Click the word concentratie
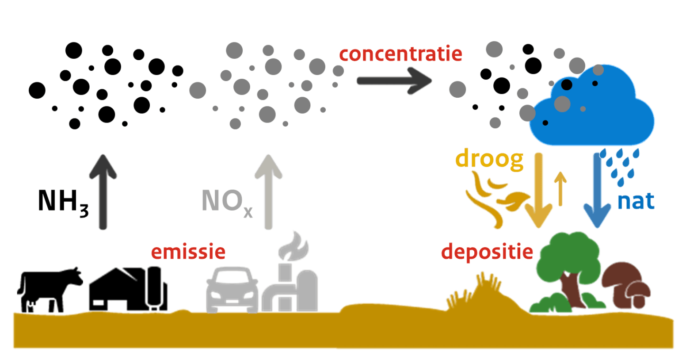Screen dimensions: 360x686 pos(400,54)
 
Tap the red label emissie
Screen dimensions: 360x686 pos(188,251)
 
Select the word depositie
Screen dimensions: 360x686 pos(487,252)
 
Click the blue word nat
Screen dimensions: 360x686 pos(636,201)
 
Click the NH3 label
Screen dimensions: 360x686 pos(63,202)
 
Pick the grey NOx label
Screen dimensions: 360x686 pos(226,202)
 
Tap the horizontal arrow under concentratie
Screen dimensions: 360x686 pos(393,81)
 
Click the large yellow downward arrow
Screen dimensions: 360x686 pos(538,190)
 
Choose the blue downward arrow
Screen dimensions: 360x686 pos(597,190)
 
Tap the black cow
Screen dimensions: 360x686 pos(49,287)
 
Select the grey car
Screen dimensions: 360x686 pos(232,290)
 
